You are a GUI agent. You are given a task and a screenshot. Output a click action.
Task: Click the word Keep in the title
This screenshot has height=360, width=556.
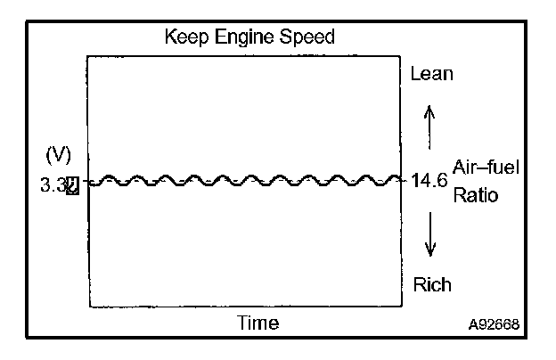[x=183, y=37]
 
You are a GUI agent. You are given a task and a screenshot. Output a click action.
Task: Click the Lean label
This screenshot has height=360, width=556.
[x=431, y=74]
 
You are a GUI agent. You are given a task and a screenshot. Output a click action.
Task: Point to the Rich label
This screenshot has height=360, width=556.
[x=431, y=285]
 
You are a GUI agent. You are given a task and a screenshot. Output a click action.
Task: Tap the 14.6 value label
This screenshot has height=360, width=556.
[x=433, y=180]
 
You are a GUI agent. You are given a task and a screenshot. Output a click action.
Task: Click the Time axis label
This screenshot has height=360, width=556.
[x=257, y=323]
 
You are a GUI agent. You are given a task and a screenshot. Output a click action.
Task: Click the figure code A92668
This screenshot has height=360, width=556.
[x=495, y=324]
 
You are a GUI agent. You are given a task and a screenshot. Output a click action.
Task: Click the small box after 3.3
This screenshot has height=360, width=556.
[x=72, y=185]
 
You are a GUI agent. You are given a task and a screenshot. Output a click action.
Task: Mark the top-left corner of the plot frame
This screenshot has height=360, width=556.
[x=87, y=56]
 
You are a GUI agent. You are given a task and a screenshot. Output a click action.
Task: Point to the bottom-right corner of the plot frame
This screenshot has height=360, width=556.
[x=401, y=307]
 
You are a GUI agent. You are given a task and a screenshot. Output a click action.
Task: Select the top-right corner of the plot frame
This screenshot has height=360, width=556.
[x=401, y=56]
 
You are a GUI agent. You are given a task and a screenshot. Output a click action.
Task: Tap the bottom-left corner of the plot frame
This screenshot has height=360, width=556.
[x=87, y=307]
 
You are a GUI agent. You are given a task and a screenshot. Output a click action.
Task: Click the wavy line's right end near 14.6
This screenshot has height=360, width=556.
[x=399, y=180]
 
